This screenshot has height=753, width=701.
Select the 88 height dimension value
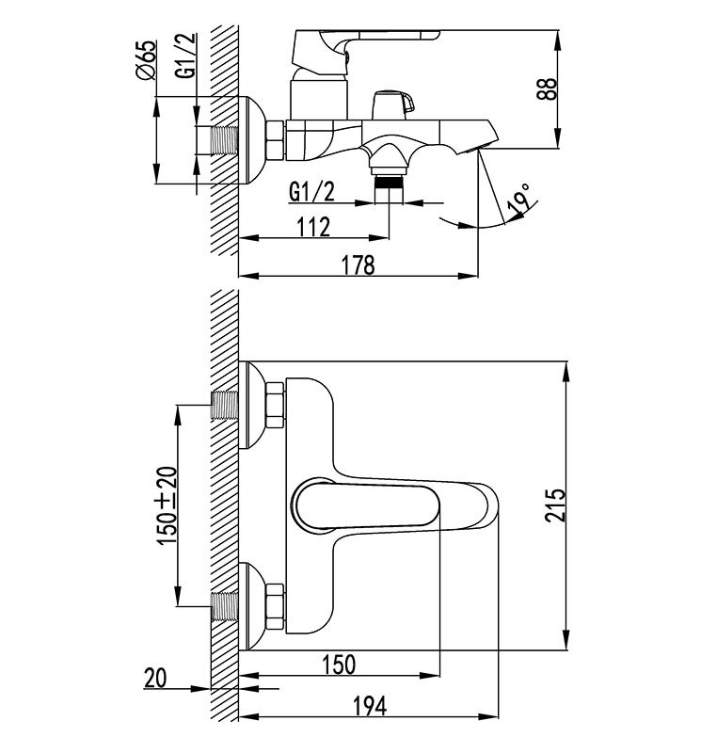click(x=552, y=88)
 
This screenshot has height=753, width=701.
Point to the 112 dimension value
click(x=311, y=227)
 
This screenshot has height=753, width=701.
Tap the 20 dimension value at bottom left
click(x=156, y=677)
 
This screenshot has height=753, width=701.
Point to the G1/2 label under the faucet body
click(x=310, y=192)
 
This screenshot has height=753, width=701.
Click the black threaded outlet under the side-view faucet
click(x=387, y=185)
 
